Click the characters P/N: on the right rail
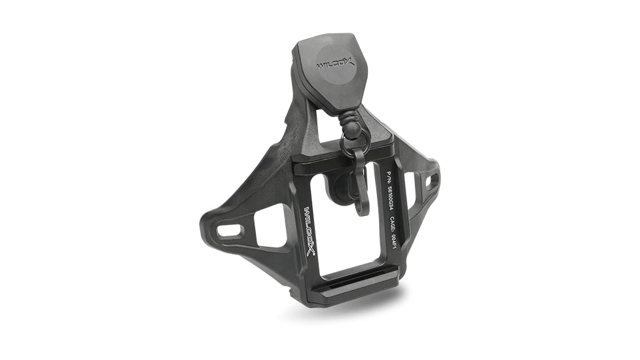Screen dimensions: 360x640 coord(389,177)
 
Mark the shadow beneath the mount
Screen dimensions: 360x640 coord(353,308)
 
